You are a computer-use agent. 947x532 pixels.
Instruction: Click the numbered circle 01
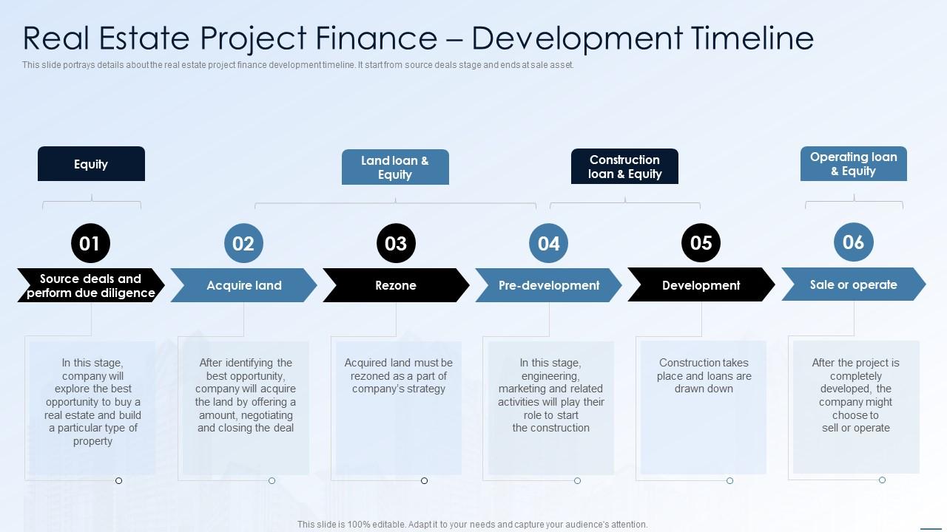(90, 243)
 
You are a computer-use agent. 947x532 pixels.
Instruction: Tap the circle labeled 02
(243, 243)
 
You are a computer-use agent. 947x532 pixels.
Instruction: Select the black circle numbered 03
(396, 243)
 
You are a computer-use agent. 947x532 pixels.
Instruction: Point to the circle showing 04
(548, 243)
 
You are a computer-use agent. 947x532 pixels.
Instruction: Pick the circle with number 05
(701, 242)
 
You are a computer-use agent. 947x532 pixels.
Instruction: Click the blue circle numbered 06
(853, 242)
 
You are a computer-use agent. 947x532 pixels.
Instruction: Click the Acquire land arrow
(243, 285)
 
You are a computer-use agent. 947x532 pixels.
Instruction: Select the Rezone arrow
(396, 285)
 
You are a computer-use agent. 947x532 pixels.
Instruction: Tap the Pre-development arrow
(548, 285)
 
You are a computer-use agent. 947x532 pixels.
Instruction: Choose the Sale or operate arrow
(853, 284)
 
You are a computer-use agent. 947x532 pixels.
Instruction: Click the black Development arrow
(701, 285)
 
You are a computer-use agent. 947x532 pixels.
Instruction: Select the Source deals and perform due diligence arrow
(90, 285)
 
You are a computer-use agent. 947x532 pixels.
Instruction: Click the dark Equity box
(91, 164)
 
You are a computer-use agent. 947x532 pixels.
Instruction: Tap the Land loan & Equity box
(395, 168)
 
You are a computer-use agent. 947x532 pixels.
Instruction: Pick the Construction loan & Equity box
(624, 167)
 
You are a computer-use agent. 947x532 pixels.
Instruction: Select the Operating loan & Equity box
(853, 164)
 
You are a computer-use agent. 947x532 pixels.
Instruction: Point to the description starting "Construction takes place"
(704, 375)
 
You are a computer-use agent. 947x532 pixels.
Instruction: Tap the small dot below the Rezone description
(424, 481)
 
